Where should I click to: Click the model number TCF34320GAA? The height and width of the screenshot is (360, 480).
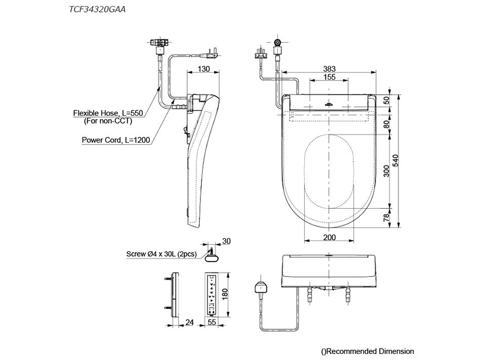[97, 10]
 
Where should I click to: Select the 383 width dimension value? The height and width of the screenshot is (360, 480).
[329, 69]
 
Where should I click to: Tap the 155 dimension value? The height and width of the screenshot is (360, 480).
[329, 77]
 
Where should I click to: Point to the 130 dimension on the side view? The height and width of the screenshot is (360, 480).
[203, 69]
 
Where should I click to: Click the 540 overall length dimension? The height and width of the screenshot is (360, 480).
[395, 161]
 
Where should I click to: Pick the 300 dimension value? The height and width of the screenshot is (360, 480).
[386, 171]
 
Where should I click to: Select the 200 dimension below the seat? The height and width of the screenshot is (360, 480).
[329, 237]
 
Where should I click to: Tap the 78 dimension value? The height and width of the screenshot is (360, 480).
[386, 218]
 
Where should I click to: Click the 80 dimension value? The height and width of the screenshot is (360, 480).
[386, 124]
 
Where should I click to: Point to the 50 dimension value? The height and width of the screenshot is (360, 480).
[386, 100]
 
